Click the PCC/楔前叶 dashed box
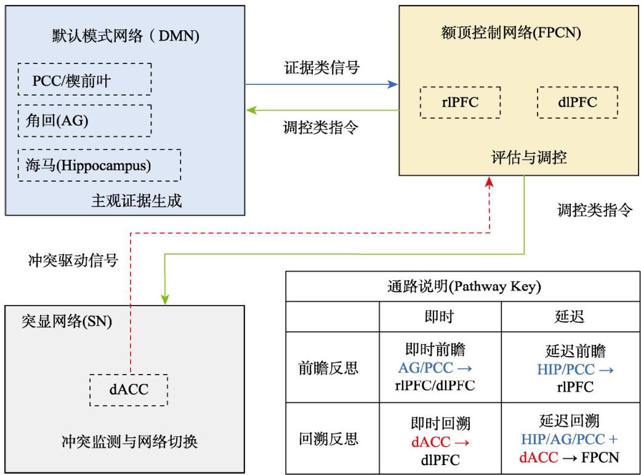(84, 79)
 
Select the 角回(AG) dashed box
(84, 121)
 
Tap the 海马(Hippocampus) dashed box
(99, 165)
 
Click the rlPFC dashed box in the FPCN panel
(460, 102)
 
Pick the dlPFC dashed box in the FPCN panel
(576, 102)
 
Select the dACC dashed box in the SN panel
(128, 389)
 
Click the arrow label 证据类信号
(321, 68)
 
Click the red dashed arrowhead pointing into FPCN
(489, 180)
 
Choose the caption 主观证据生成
(137, 201)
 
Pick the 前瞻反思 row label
(332, 368)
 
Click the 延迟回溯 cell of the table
(568, 439)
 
